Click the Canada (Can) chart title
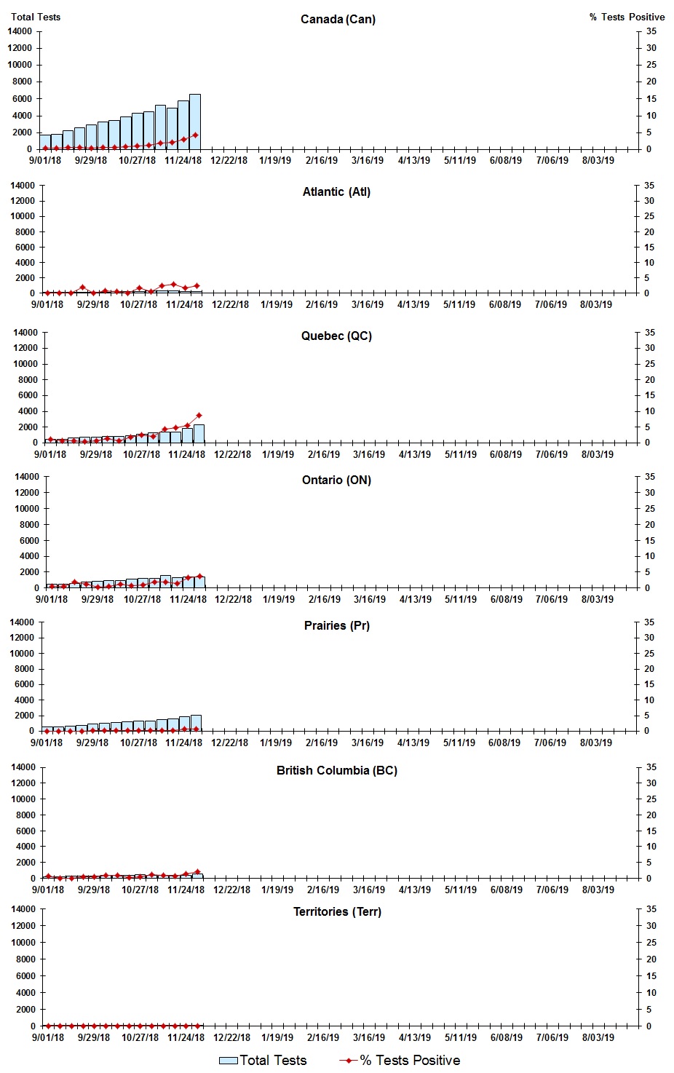tap(338, 19)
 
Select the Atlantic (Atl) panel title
tap(336, 191)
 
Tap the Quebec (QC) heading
tap(336, 336)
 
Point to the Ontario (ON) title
tap(336, 480)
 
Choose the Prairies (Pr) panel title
tap(336, 625)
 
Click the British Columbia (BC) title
tap(336, 770)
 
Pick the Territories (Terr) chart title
tap(336, 911)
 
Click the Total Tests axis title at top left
tap(36, 17)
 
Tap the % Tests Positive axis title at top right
tap(627, 17)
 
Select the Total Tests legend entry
tap(263, 1060)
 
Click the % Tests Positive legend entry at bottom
tap(400, 1060)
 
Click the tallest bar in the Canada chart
tap(195, 122)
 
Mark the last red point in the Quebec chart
tap(199, 416)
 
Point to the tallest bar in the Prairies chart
tap(196, 723)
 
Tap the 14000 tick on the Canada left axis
tap(20, 31)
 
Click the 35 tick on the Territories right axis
tap(651, 909)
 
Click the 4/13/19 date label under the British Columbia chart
tap(415, 890)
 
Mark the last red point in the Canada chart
tap(195, 135)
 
